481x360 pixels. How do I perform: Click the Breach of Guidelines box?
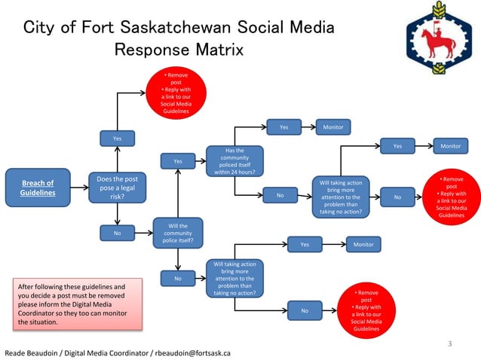tap(38, 188)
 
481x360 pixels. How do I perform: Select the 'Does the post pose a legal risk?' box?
tap(118, 188)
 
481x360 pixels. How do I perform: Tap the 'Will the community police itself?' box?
tap(177, 233)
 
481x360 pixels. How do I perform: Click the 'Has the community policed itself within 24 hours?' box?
tap(234, 161)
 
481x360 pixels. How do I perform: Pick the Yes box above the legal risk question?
tap(118, 139)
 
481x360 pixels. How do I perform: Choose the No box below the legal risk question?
tap(118, 233)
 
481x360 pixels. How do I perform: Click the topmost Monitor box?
tap(332, 127)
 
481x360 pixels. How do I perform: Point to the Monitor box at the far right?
tap(450, 146)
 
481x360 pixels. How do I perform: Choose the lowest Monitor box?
tap(363, 245)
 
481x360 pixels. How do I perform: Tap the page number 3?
tap(449, 344)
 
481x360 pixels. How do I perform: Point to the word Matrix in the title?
tap(219, 50)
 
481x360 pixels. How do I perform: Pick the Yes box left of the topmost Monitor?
tap(283, 127)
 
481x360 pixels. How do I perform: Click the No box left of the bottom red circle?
tap(305, 310)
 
